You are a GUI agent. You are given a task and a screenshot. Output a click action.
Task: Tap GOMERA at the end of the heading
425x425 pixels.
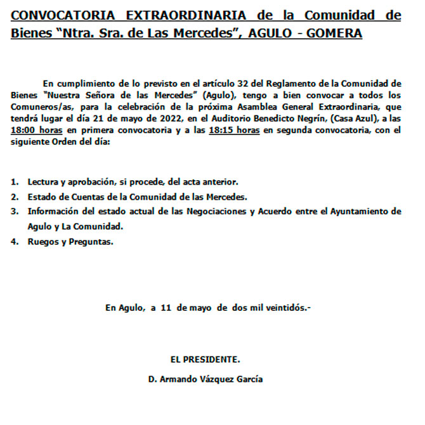(334, 32)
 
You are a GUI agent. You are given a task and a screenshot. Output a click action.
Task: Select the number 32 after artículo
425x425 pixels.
(238, 83)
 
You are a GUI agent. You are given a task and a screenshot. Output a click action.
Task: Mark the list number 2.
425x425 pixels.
(15, 197)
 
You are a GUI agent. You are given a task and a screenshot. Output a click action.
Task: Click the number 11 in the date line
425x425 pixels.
(167, 308)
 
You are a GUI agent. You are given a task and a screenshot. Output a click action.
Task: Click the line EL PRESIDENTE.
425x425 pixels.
(205, 360)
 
